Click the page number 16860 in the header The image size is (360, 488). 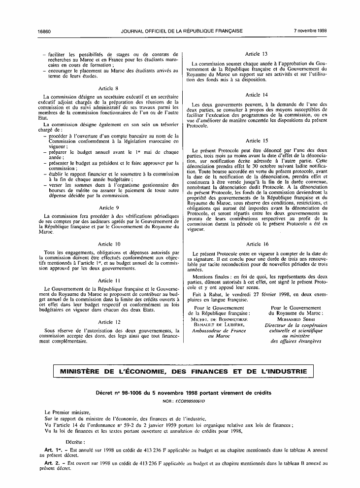coord(44,31)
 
